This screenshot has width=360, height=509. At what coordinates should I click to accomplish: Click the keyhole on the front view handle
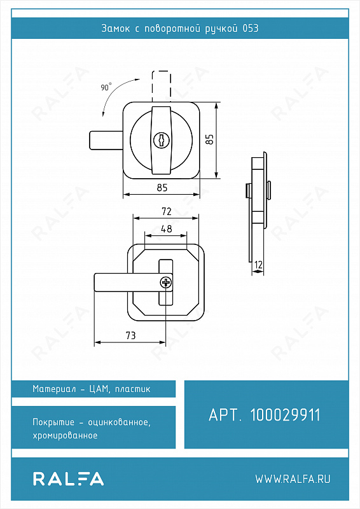[x=162, y=140]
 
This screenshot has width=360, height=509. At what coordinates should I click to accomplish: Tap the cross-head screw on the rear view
[x=166, y=282]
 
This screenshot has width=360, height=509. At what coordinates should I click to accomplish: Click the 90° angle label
[x=106, y=87]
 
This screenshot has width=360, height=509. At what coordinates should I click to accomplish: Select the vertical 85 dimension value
[x=210, y=139]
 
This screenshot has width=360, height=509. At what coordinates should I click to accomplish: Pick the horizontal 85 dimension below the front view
[x=162, y=188]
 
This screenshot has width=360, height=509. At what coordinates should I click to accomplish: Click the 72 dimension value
[x=166, y=211]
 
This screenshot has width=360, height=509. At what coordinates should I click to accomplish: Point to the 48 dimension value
[x=166, y=229]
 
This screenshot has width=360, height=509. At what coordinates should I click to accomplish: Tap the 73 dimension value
[x=130, y=335]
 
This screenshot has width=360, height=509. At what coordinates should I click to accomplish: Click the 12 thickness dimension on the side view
[x=258, y=265]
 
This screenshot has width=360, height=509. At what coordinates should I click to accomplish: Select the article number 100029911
[x=286, y=415]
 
